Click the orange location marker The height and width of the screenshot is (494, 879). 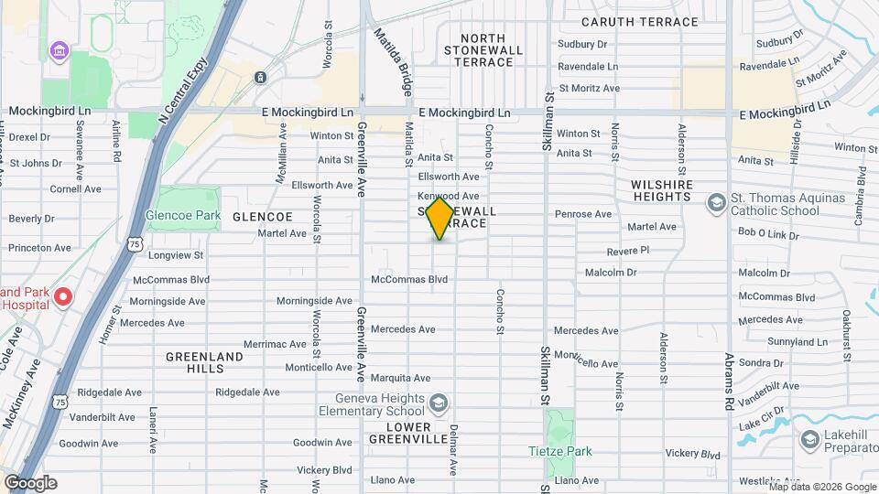pyautogui.click(x=440, y=217)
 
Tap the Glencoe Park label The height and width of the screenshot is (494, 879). pyautogui.click(x=183, y=216)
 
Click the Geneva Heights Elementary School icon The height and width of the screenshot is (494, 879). pyautogui.click(x=439, y=403)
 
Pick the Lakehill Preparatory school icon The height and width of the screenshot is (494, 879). pyautogui.click(x=808, y=440)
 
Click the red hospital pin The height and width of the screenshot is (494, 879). pyautogui.click(x=62, y=297)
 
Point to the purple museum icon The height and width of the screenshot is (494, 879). pyautogui.click(x=60, y=49)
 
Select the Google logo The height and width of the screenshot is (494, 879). pyautogui.click(x=30, y=483)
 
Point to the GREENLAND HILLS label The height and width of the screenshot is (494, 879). pyautogui.click(x=204, y=362)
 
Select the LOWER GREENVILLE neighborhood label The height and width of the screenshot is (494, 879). pyautogui.click(x=395, y=433)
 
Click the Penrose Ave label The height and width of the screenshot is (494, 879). pyautogui.click(x=583, y=214)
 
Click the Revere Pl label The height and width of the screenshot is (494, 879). pyautogui.click(x=627, y=250)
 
